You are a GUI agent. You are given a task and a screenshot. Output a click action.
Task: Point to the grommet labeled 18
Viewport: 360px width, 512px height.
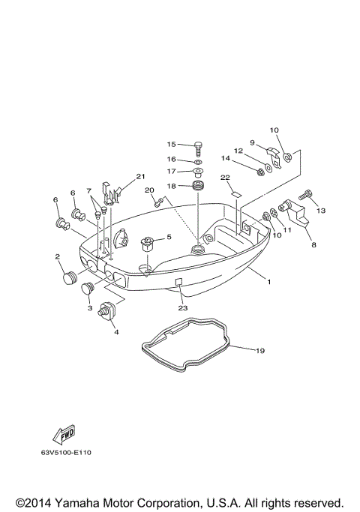click(198, 186)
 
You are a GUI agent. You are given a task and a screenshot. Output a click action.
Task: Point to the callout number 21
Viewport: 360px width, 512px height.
click(139, 177)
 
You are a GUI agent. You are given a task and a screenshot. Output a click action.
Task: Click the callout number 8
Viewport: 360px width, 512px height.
click(313, 244)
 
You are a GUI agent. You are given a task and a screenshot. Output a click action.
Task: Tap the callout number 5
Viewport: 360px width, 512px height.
click(169, 237)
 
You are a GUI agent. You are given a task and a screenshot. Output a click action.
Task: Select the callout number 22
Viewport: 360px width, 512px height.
click(224, 178)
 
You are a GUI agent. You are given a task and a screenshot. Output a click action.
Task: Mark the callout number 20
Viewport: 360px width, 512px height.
click(149, 190)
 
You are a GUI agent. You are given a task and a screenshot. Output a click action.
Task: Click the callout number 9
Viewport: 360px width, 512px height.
click(253, 142)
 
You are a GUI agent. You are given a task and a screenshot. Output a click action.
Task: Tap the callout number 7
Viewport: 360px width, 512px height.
click(88, 190)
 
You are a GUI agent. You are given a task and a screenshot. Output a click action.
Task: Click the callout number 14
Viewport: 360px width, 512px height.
click(225, 158)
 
